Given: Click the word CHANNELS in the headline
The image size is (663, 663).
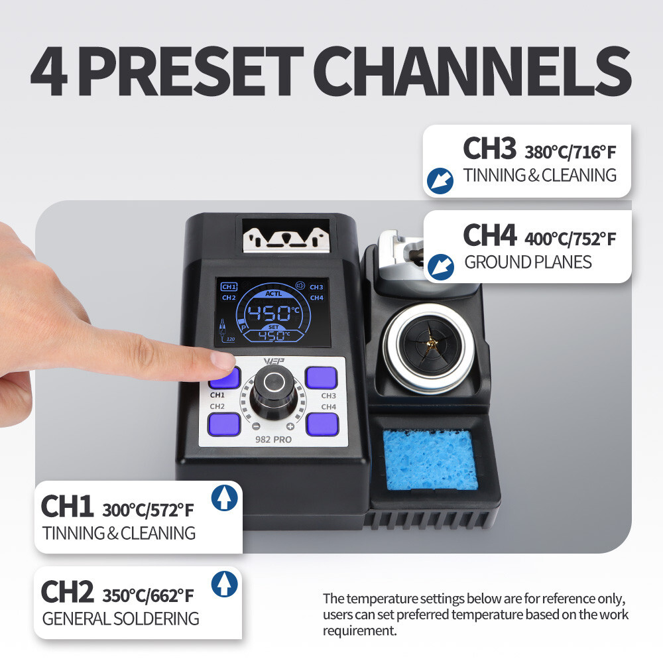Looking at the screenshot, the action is (x=472, y=71).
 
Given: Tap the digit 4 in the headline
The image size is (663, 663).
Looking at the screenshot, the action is (x=49, y=72).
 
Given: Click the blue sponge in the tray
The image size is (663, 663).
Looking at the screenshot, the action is (x=430, y=459).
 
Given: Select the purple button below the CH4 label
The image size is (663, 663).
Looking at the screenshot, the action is (x=322, y=424).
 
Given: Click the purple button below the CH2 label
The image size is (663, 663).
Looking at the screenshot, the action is (x=224, y=424).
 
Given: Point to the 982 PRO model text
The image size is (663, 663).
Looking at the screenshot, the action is (x=273, y=440).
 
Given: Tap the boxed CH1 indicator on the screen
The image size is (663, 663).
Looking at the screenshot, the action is (x=229, y=286).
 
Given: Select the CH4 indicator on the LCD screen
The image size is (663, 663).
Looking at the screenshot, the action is (x=317, y=298).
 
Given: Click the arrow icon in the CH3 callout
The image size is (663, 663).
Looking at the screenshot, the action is (x=440, y=181).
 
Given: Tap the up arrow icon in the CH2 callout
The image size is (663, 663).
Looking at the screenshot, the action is (x=224, y=584).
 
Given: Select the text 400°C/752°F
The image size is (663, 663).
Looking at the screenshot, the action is (x=570, y=239).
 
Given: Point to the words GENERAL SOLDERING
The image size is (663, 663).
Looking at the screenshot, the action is (x=121, y=619).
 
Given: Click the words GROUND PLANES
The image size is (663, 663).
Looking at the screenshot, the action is (x=528, y=262).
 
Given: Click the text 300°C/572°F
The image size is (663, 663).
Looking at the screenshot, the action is (x=148, y=511).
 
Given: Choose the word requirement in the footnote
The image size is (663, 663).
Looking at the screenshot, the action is (x=360, y=631).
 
